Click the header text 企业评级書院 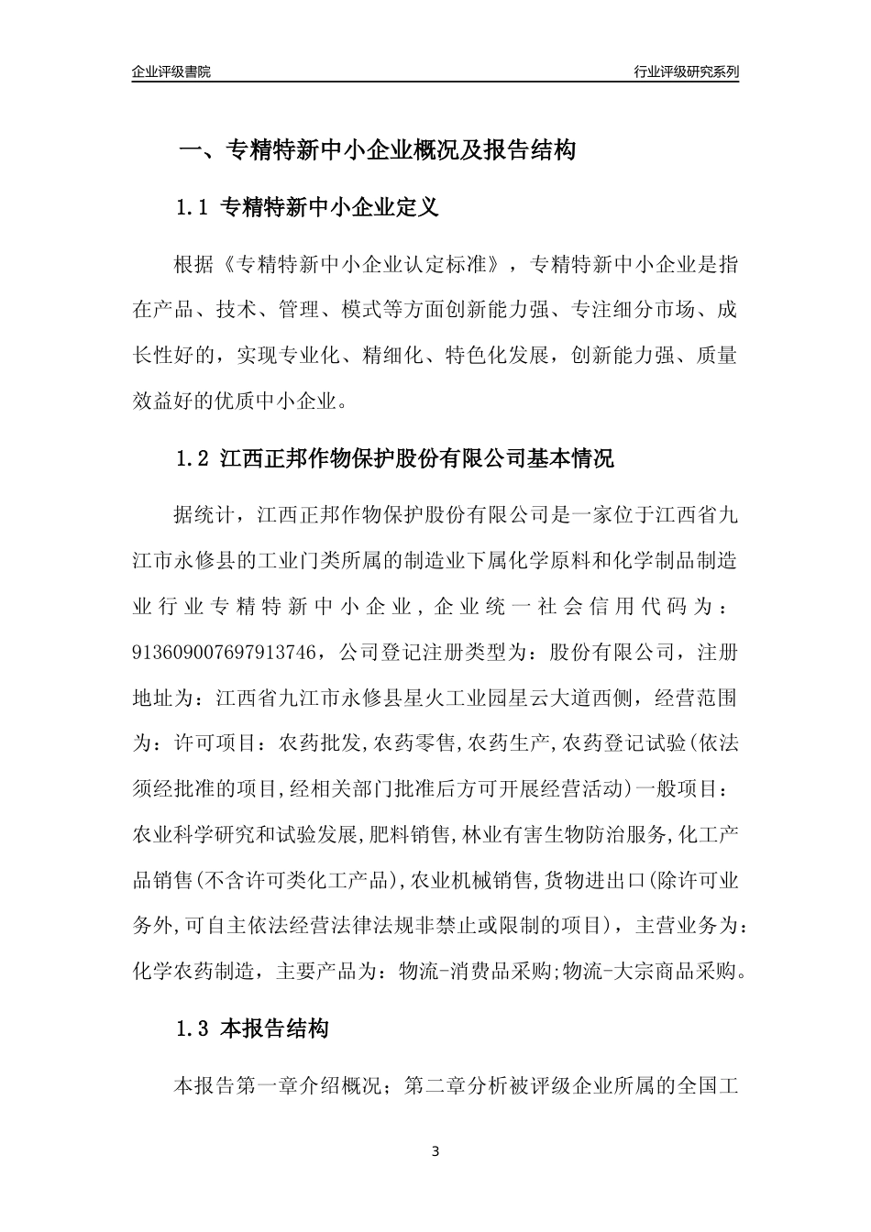tap(171, 71)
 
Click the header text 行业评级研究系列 tap(686, 71)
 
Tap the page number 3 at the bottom tap(435, 1152)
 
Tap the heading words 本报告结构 tap(275, 1029)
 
